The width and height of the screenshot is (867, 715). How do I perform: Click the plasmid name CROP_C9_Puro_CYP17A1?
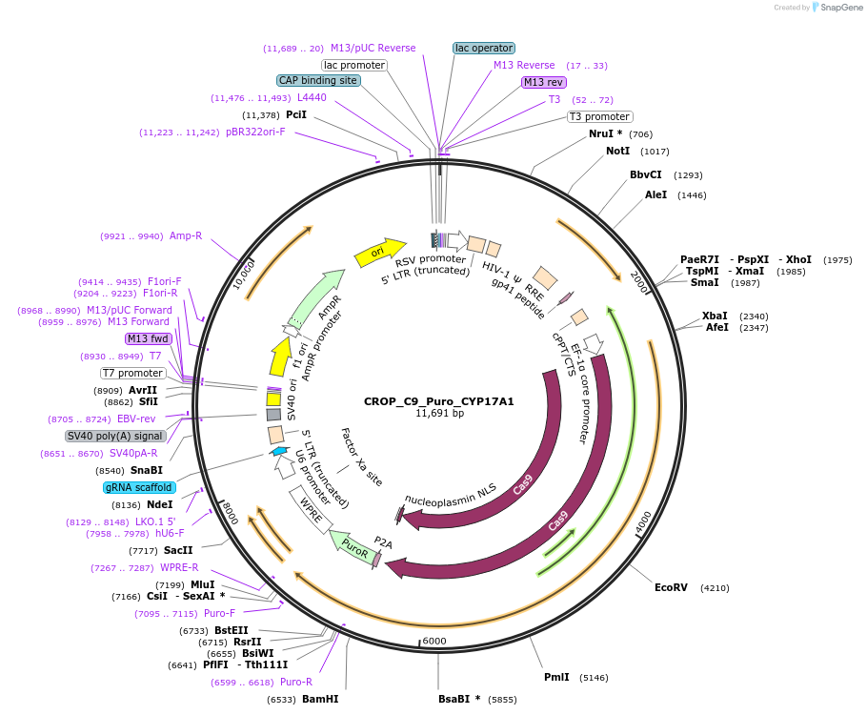438,401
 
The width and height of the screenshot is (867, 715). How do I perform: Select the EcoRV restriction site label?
671,588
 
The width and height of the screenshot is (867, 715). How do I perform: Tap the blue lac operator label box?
484,48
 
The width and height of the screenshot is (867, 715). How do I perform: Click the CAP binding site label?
318,81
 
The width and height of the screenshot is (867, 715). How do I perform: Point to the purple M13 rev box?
544,82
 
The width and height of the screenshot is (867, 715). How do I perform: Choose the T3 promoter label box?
599,116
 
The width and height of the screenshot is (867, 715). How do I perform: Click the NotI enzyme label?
617,151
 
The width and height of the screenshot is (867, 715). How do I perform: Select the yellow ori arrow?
379,252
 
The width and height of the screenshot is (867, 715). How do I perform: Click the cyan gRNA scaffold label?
140,487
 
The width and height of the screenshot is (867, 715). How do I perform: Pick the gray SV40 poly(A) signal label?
115,436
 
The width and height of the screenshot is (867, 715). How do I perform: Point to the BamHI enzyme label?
320,699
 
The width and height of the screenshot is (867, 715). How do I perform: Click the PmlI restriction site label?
556,677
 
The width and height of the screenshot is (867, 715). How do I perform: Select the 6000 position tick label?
433,641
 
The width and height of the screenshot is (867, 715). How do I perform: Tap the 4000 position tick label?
642,521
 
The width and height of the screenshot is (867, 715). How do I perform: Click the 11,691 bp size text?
439,414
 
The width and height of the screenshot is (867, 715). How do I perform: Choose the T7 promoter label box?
133,373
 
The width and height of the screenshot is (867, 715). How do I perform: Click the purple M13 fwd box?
147,338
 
